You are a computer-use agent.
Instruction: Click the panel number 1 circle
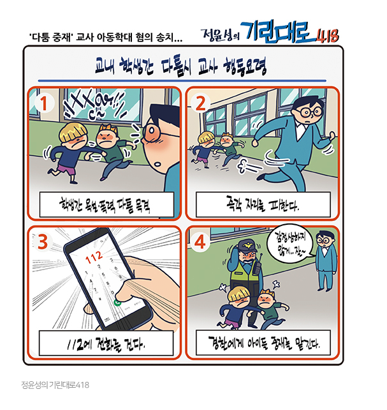coord(44,103)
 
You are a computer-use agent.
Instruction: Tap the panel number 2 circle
coord(200,103)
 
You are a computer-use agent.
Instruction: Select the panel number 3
coord(43,242)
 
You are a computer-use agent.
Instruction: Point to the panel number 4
coord(200,242)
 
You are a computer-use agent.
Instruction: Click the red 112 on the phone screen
coord(94,257)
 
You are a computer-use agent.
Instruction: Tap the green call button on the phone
coord(118,303)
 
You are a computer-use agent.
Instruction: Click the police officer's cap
coord(247,246)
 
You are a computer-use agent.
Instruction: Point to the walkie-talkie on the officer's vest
coord(257,266)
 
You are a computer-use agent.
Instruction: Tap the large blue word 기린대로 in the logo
coord(278,32)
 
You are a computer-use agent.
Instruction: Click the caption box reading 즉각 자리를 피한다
coord(263,205)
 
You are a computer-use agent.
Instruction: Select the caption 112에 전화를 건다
coord(106,344)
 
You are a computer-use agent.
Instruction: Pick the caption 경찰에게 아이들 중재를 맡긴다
coord(263,343)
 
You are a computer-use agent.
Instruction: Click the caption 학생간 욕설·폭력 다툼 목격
coord(106,205)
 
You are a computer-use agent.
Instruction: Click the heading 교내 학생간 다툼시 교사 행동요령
coord(180,66)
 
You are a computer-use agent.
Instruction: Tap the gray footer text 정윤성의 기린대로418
coord(55,385)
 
